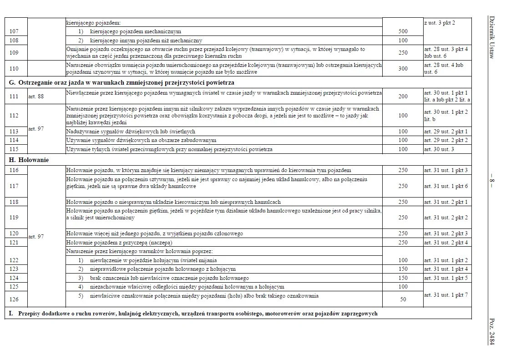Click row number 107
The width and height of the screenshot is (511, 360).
[14, 31]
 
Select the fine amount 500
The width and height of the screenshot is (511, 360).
[403, 31]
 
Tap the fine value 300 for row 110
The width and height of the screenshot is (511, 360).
[403, 68]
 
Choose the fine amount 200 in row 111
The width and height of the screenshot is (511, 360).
[403, 96]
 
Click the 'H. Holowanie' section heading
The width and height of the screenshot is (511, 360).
[29, 160]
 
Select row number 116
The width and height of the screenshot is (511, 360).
[14, 170]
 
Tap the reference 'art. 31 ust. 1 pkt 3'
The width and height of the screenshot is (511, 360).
[445, 170]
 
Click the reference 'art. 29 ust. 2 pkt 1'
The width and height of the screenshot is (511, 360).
[445, 132]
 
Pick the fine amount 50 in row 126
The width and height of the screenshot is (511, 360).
[403, 299]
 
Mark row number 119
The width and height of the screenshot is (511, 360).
[14, 218]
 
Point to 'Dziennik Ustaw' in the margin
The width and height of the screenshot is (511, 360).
[491, 36]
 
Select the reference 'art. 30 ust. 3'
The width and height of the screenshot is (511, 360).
[439, 149]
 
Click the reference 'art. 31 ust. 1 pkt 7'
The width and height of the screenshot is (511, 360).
[445, 294]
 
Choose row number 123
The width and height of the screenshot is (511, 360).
[14, 269]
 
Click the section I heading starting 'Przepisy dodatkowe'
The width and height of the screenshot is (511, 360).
[196, 314]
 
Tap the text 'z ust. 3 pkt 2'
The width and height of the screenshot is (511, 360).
[439, 22]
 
